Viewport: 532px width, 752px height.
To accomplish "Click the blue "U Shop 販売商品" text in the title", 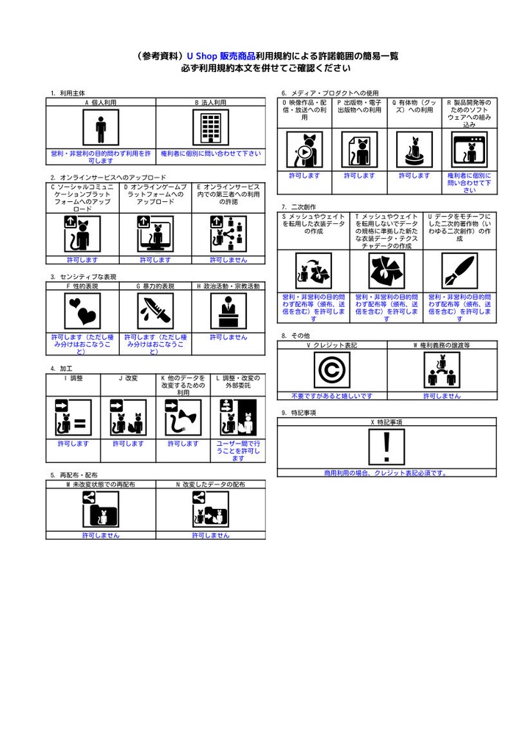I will click(221, 56).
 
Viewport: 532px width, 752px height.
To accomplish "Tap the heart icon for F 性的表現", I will click(82, 311).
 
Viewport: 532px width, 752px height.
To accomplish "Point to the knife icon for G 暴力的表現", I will click(155, 311).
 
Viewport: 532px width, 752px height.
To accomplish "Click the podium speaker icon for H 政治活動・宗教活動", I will click(229, 311).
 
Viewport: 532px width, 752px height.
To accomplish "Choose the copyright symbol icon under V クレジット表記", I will click(331, 370).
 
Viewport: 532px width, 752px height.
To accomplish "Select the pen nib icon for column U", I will click(459, 272).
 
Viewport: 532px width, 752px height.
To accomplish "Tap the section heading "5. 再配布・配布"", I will click(74, 475).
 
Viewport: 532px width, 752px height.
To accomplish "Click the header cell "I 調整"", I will click(73, 377).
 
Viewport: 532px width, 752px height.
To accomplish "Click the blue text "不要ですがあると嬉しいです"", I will click(331, 396).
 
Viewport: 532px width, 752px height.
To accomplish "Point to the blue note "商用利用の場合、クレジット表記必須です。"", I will click(387, 473).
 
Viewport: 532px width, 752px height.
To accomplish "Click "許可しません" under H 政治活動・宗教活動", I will click(229, 337).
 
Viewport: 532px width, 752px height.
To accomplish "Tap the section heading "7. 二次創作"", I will click(298, 207).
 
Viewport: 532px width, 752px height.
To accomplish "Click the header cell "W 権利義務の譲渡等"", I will click(442, 344).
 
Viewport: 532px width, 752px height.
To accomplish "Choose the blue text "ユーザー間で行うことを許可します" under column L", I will click(237, 451).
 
